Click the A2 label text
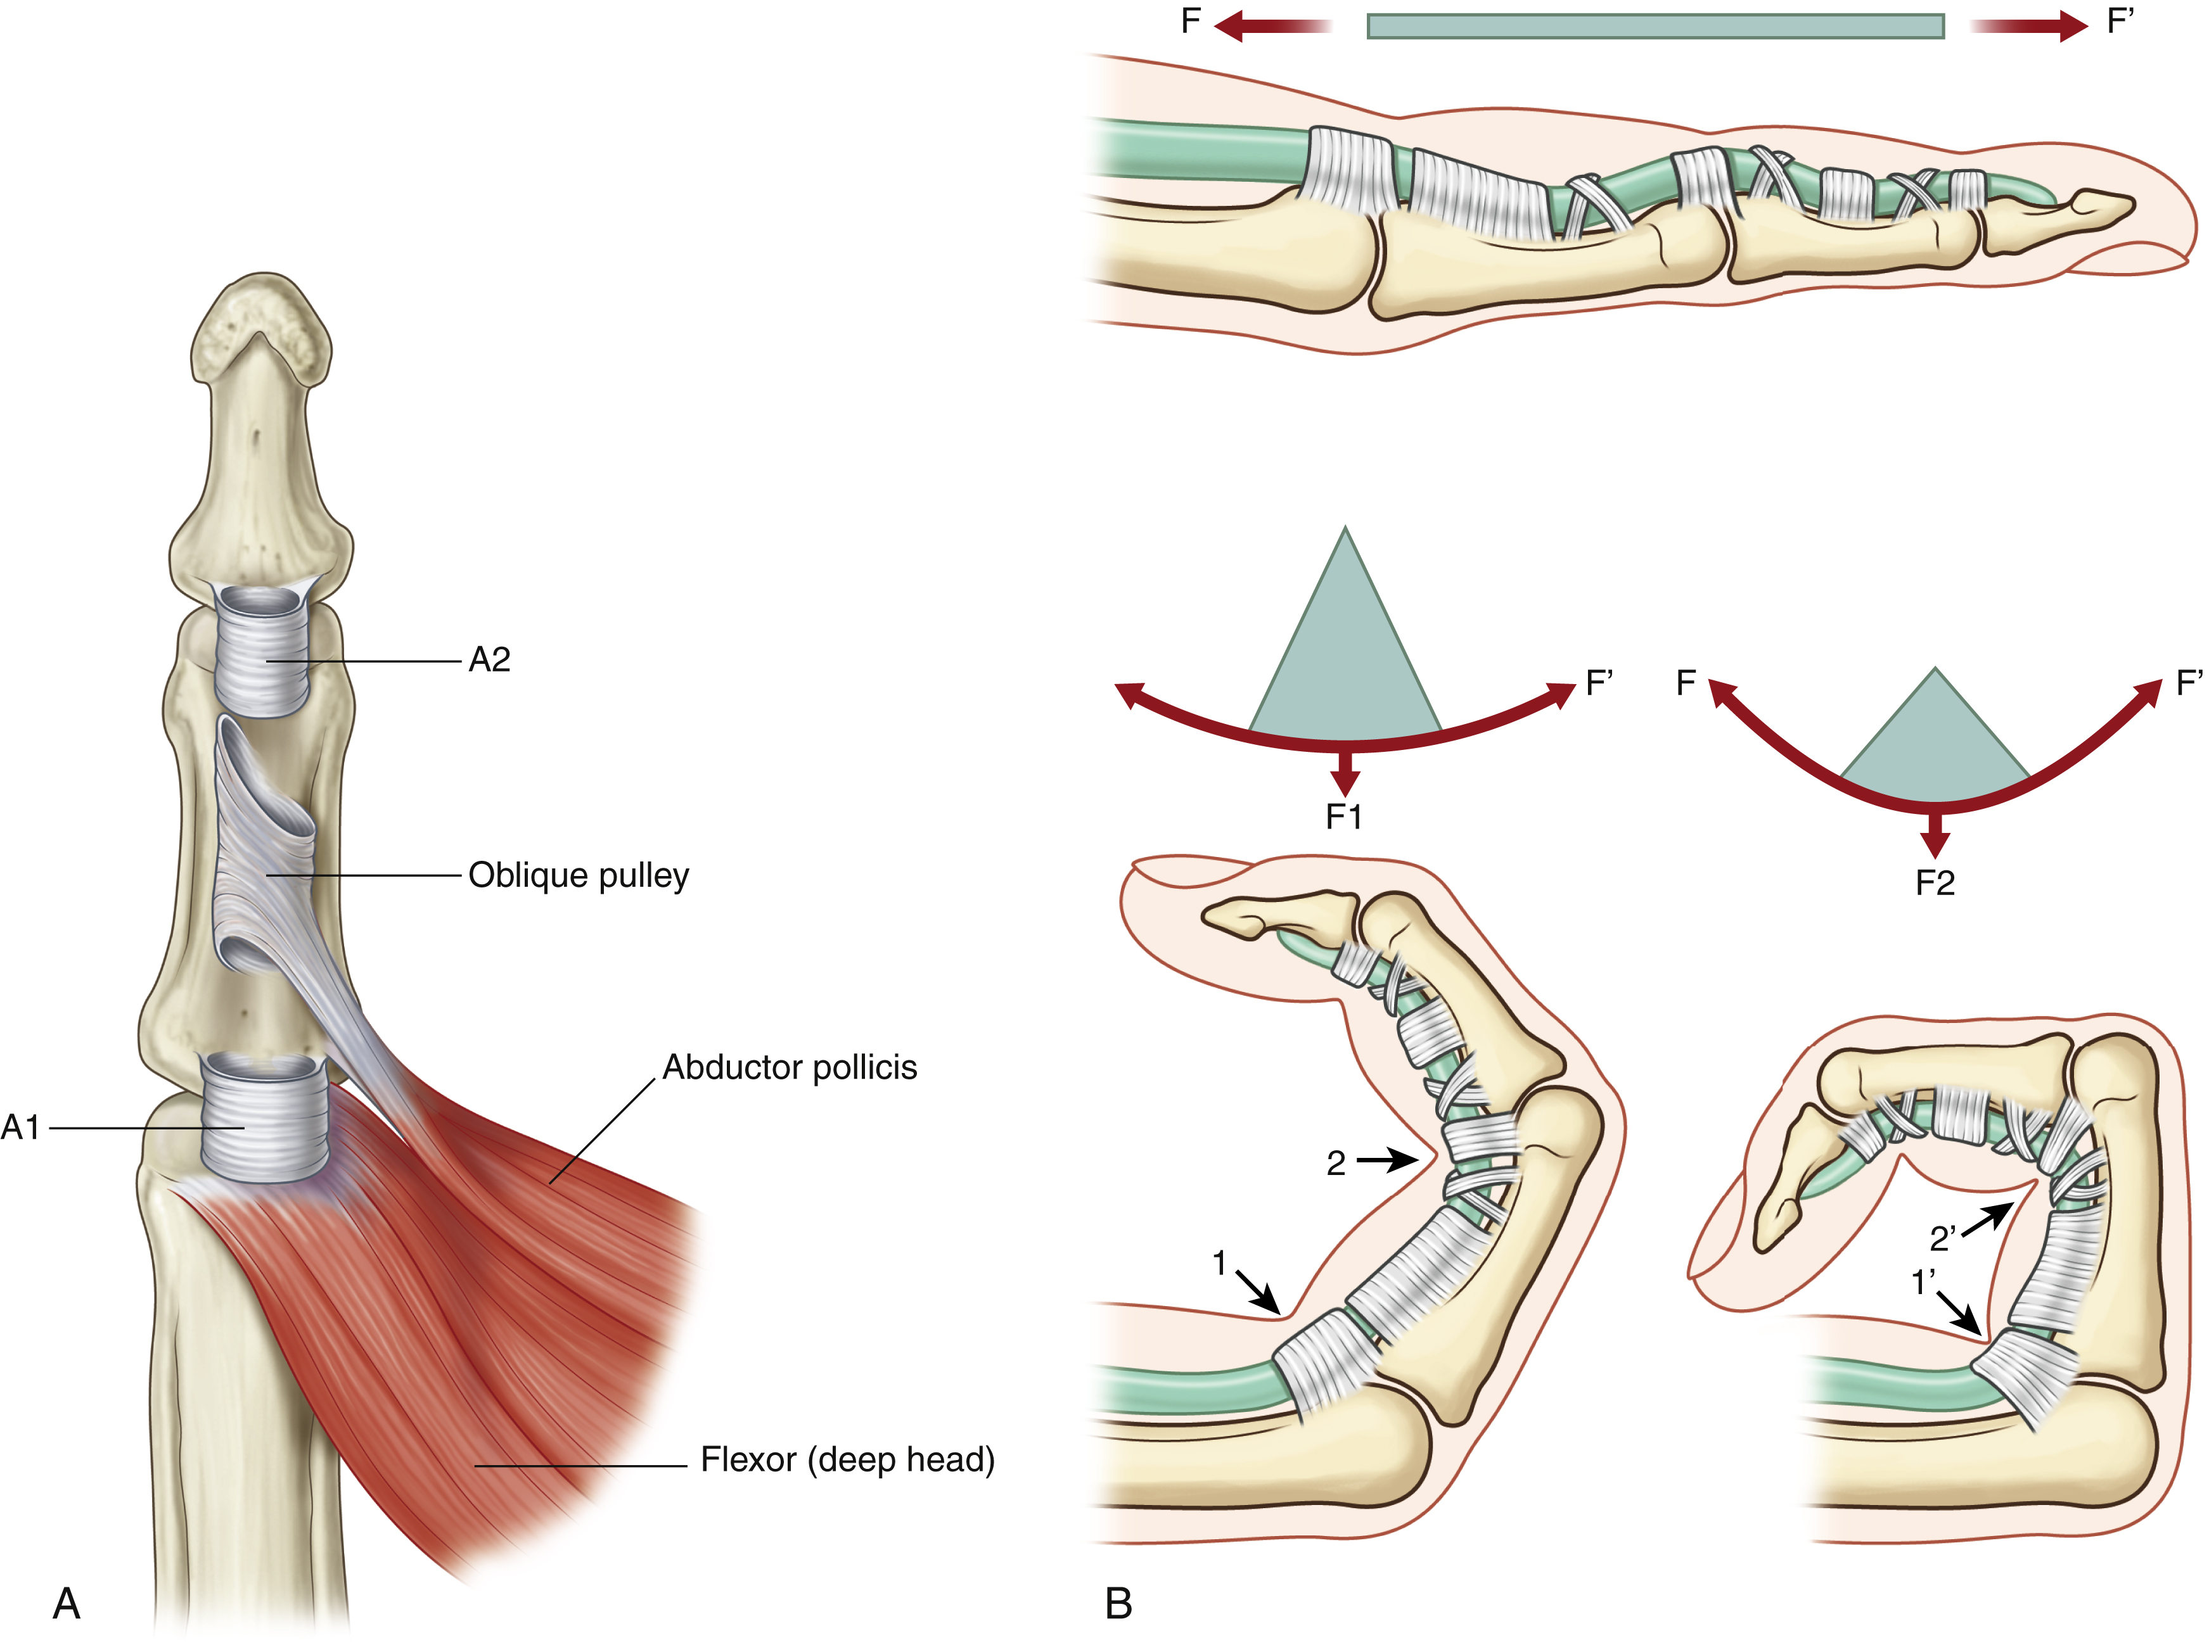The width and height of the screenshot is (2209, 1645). pyautogui.click(x=489, y=659)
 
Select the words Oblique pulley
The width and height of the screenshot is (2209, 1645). pyautogui.click(x=579, y=875)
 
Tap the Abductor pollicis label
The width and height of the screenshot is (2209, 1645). pyautogui.click(x=790, y=1067)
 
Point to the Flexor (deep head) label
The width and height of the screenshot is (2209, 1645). pyautogui.click(x=848, y=1460)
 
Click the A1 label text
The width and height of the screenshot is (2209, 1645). pyautogui.click(x=21, y=1127)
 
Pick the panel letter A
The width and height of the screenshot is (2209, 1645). pyautogui.click(x=67, y=1603)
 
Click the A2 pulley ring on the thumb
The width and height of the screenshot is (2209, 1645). pyautogui.click(x=263, y=652)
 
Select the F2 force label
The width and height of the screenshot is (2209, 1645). pyautogui.click(x=1934, y=883)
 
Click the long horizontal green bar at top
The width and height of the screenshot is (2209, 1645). pyautogui.click(x=1655, y=26)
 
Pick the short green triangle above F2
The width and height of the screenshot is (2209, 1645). pyautogui.click(x=1934, y=742)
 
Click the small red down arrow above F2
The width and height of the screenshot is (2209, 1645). pyautogui.click(x=1934, y=834)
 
